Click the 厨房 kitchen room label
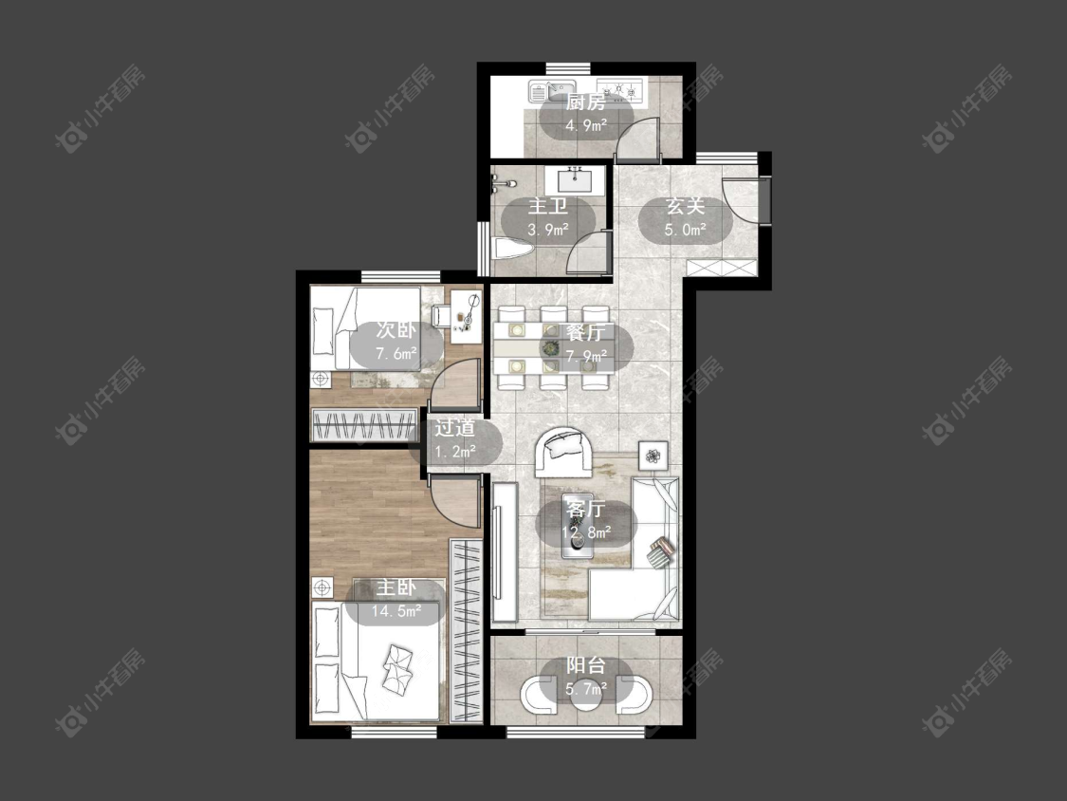(x=585, y=102)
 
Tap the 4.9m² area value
(x=586, y=125)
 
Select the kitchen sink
(x=552, y=90)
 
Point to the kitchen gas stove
(x=620, y=89)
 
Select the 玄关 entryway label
(x=685, y=206)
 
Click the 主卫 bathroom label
(x=548, y=206)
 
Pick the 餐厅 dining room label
(x=585, y=333)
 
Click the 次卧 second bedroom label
(x=396, y=330)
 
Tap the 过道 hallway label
(x=454, y=428)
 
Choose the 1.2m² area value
(x=454, y=451)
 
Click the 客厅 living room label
(x=585, y=509)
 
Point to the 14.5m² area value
(x=396, y=610)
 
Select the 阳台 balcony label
(x=585, y=665)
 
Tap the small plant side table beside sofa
(x=653, y=455)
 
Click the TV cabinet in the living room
(x=505, y=551)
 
